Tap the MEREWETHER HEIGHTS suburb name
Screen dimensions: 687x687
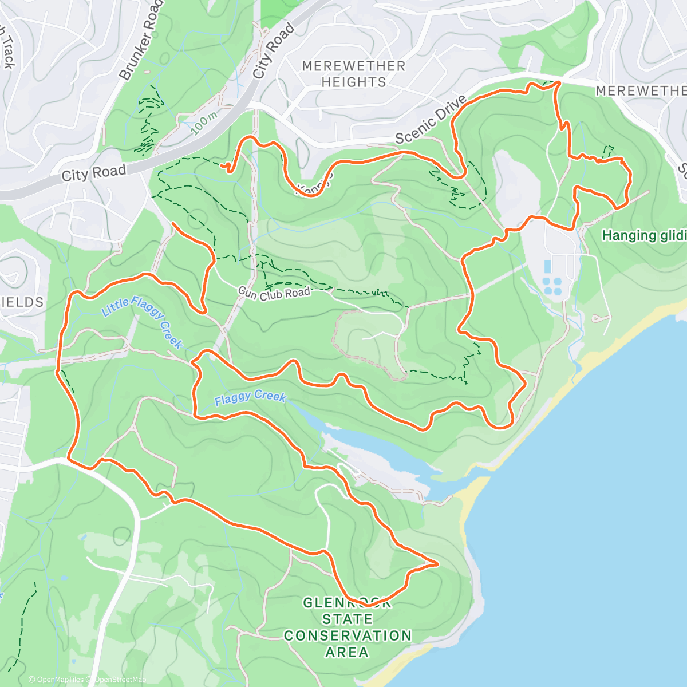point(354,74)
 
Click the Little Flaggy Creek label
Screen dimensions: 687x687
point(143,322)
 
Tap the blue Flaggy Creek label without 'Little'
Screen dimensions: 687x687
point(250,397)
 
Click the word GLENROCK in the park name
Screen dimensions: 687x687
point(347,603)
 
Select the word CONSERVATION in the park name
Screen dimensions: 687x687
point(348,635)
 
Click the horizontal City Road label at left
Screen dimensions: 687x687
point(93,172)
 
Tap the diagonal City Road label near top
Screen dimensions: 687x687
point(274,51)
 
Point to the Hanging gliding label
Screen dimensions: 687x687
point(644,235)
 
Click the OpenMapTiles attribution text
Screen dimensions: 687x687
point(60,680)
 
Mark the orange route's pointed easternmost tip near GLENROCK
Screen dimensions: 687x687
point(437,564)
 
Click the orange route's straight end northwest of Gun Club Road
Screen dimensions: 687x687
point(173,224)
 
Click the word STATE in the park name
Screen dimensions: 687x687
point(347,619)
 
